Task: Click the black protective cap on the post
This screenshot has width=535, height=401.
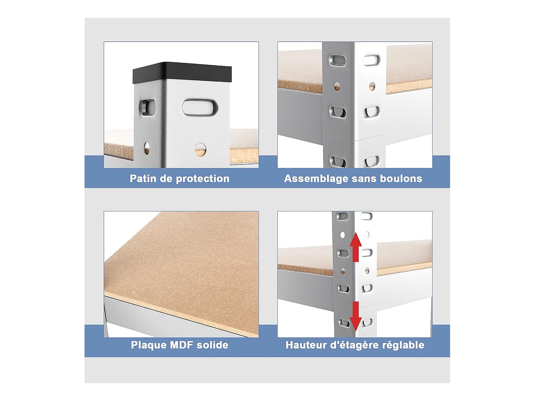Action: [x=182, y=73]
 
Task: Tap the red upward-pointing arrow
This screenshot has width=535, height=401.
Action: [x=356, y=247]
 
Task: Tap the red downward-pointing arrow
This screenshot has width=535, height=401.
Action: [x=356, y=316]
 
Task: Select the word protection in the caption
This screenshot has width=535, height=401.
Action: [x=203, y=179]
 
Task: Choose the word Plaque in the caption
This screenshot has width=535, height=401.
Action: [x=148, y=345]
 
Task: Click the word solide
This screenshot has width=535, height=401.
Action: [x=212, y=345]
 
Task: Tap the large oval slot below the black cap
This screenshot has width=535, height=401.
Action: [x=200, y=107]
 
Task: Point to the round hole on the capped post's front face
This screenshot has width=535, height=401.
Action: [x=200, y=150]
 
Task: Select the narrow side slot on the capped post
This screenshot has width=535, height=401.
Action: [x=147, y=107]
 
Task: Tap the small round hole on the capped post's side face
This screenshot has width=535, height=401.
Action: [x=147, y=148]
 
